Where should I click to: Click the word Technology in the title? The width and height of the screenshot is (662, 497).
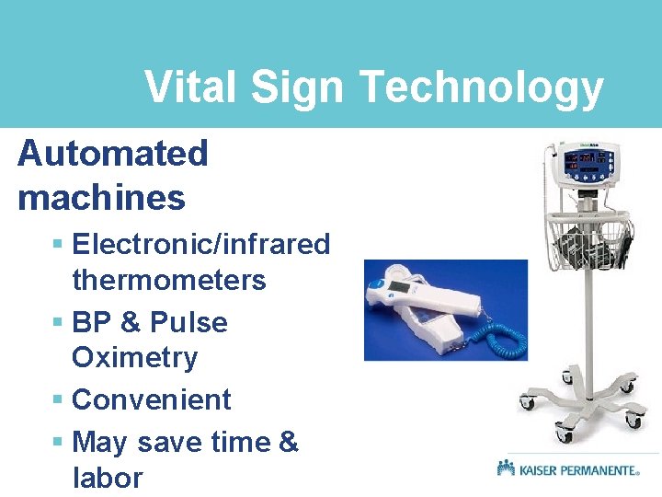481,88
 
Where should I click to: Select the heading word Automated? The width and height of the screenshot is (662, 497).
113,154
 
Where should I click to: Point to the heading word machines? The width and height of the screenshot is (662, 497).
101,197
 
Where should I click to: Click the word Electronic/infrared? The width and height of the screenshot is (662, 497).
200,244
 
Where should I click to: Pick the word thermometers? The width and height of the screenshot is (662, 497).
168,280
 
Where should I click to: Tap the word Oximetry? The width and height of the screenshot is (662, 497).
134,357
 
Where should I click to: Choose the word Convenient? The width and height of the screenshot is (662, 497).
151,399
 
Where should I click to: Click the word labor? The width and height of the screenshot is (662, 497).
108,478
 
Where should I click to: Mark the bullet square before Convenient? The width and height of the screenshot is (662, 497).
57,400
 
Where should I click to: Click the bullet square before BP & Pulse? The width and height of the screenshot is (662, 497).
57,323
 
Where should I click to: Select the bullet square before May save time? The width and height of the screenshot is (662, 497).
57,443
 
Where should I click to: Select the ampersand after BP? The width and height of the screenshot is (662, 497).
130,323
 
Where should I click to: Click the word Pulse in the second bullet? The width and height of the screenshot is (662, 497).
188,323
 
